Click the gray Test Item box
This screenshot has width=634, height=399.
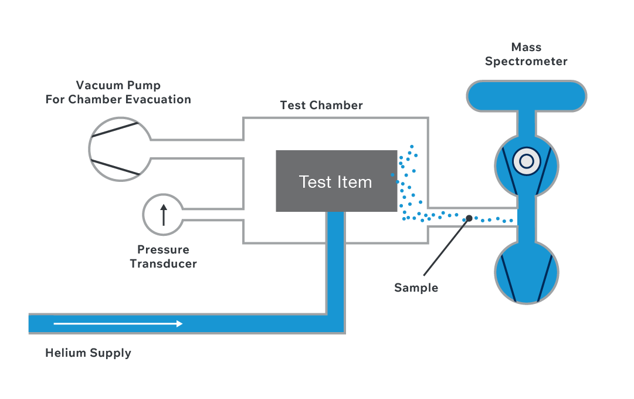coord(337,181)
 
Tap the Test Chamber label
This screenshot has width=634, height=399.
coord(321,105)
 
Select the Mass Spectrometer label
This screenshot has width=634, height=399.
coord(526,54)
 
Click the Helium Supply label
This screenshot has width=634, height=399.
coord(88,353)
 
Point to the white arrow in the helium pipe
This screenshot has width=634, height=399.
coord(118,324)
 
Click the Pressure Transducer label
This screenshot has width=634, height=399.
coord(164,256)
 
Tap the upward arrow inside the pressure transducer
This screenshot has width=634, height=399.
coord(164,215)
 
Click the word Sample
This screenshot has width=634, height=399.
coord(416,288)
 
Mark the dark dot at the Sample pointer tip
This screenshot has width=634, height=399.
coord(469,218)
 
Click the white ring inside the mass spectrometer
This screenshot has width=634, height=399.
coord(527,161)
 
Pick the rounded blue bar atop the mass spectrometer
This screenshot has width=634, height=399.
coord(527,96)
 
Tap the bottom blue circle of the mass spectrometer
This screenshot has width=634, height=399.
coord(527,272)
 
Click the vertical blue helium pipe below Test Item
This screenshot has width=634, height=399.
coord(335,262)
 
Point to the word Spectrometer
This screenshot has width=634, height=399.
coord(526,62)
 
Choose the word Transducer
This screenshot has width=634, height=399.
coord(164,264)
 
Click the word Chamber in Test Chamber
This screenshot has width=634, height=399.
coord(336,105)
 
